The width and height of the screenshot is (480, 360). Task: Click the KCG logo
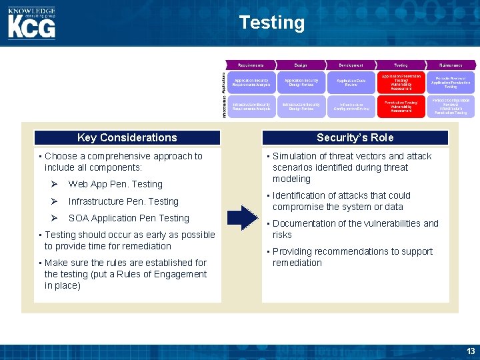(x=31, y=23)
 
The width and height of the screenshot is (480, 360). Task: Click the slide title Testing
(x=271, y=23)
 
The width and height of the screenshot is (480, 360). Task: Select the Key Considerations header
(x=127, y=137)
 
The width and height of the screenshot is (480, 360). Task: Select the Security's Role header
(x=355, y=137)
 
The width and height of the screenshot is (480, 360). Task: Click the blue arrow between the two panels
(x=242, y=218)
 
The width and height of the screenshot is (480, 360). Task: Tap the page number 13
(x=471, y=351)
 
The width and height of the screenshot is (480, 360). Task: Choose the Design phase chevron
(x=301, y=65)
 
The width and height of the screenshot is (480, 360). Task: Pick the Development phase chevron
(x=351, y=65)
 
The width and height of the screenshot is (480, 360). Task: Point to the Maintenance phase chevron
(x=450, y=65)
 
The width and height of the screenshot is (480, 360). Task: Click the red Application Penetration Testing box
(x=401, y=81)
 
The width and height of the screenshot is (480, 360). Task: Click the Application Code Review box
(x=351, y=82)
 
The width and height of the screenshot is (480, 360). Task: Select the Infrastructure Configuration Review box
(x=351, y=107)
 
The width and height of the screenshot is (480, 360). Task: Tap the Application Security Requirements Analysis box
(x=251, y=82)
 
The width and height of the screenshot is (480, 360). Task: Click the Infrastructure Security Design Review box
(x=301, y=107)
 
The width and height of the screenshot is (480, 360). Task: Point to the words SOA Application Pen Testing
(x=129, y=218)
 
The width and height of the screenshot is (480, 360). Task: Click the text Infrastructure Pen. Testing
(x=123, y=201)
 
